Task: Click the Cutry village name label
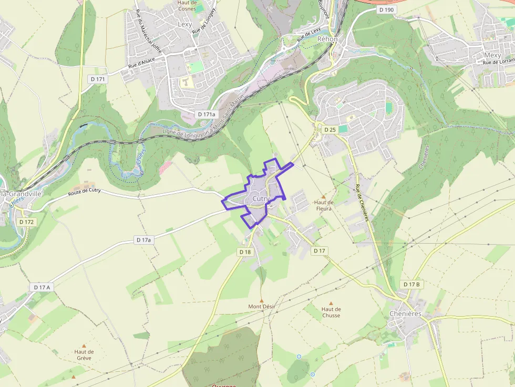(x=261, y=199)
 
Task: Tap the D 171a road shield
(x=206, y=114)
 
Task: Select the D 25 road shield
(x=329, y=129)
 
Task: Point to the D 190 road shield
(x=386, y=9)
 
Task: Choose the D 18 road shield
(x=245, y=252)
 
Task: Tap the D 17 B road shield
(x=411, y=285)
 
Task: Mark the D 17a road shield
(x=143, y=240)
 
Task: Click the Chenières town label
(x=405, y=313)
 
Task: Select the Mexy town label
(x=492, y=55)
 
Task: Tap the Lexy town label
(x=185, y=24)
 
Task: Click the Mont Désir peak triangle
(x=262, y=300)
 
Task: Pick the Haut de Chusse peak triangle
(x=331, y=303)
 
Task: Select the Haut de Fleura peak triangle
(x=324, y=196)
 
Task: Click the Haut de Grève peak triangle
(x=84, y=346)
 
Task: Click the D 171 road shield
(x=98, y=79)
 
